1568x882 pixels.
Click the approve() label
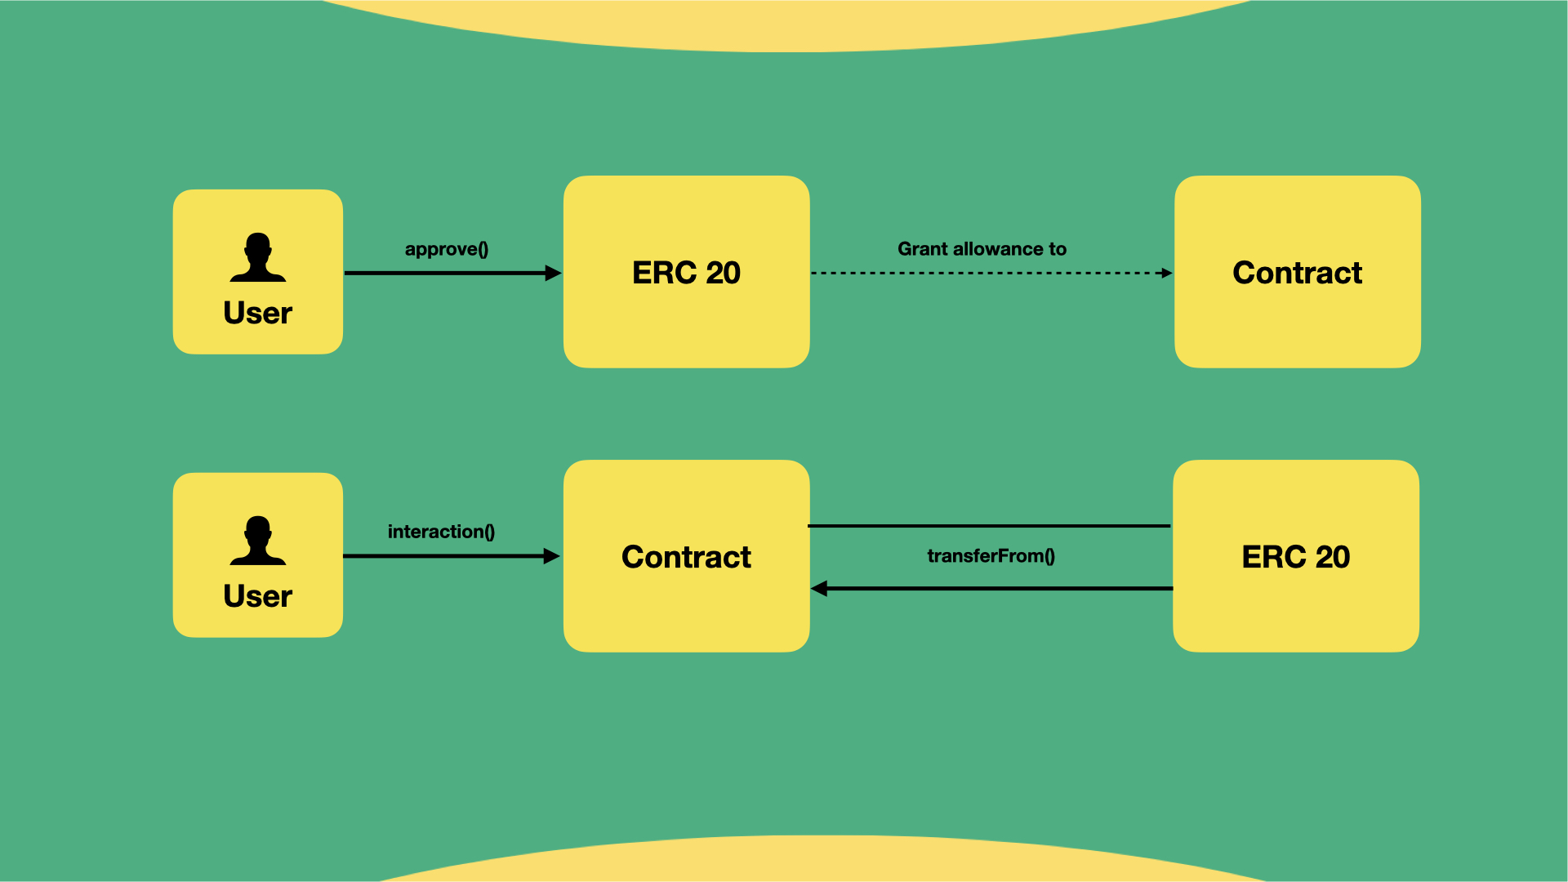[x=446, y=249]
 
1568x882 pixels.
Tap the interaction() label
[x=441, y=532]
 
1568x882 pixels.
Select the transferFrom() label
[x=991, y=556]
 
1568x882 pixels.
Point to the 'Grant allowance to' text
[x=982, y=249]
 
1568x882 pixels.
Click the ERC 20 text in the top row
[x=686, y=273]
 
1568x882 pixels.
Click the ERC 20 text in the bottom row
[x=1295, y=557]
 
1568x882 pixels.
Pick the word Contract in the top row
[x=1297, y=273]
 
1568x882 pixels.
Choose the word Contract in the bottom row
[x=686, y=557]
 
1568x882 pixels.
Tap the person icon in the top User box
[x=258, y=257]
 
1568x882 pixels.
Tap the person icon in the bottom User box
[x=258, y=541]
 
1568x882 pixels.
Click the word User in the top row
[x=258, y=313]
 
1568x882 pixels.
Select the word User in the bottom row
[x=258, y=596]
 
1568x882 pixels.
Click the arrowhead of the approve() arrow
[x=554, y=273]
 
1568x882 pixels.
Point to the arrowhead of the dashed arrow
[x=1167, y=273]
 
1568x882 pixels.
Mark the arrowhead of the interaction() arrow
[x=552, y=556]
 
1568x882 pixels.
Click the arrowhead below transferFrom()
[x=819, y=588]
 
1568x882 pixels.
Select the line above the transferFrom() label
[x=988, y=526]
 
